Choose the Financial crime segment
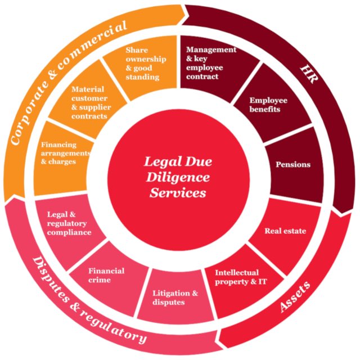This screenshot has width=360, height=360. (x=107, y=276)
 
